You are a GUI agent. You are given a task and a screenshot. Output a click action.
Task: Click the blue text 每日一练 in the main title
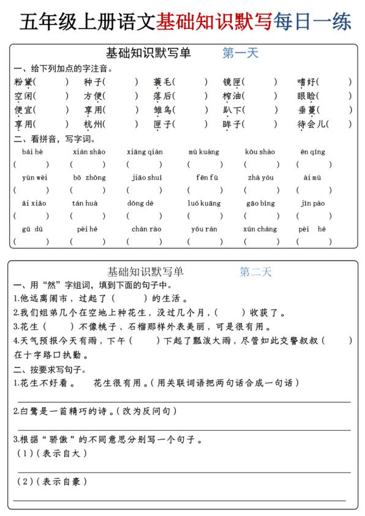click(312, 21)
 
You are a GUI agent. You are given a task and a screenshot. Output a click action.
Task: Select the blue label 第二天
click(255, 272)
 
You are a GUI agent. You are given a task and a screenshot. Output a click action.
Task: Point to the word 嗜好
click(307, 82)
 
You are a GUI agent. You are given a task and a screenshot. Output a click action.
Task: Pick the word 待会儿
click(312, 124)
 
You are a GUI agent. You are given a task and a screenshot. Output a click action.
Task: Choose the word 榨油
click(233, 96)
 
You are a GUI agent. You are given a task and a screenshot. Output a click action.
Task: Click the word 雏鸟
click(164, 110)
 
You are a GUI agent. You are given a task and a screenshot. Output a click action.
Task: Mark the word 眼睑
click(307, 96)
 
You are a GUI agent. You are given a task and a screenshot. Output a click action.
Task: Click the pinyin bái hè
click(32, 152)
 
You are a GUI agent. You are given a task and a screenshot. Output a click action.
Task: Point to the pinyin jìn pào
click(313, 203)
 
